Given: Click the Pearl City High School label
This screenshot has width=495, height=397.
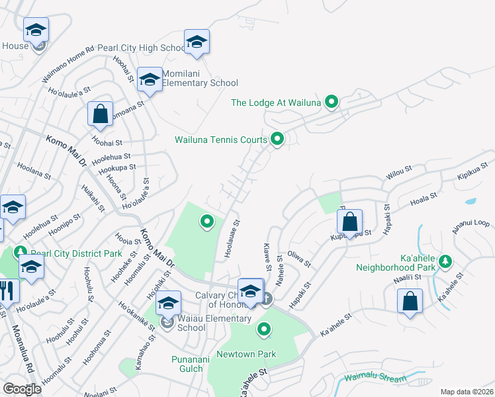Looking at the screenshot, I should [141, 48].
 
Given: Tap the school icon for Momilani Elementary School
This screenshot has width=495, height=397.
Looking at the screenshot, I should [150, 79].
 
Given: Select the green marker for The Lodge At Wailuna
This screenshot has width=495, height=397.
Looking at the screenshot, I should [332, 102].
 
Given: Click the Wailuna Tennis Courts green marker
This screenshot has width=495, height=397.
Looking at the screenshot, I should [277, 139].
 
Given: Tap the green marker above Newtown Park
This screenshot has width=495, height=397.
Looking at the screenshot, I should [264, 328].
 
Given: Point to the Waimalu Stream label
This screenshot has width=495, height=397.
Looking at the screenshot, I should [375, 378].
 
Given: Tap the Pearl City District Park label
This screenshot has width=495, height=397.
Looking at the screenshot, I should [67, 253].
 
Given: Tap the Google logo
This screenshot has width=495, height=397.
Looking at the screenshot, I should [22, 389].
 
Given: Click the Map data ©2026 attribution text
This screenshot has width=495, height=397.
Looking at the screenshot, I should [466, 392].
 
